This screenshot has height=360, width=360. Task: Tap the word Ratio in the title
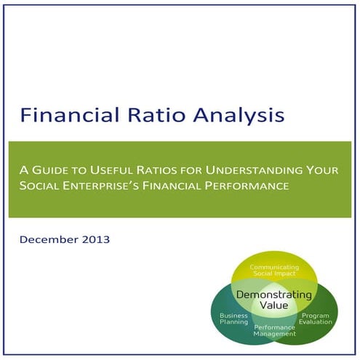tap(153, 115)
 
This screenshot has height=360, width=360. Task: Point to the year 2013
tap(97, 238)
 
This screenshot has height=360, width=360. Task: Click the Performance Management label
tap(274, 332)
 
